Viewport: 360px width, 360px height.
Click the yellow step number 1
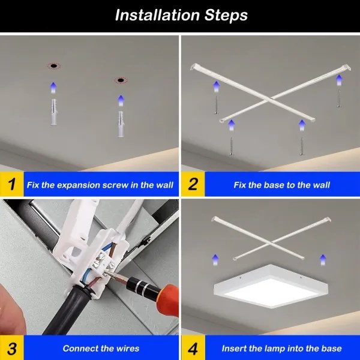point(11,185)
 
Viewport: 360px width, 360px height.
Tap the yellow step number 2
point(193,185)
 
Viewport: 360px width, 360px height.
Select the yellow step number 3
point(11,348)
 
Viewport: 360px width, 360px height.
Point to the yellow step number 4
point(193,348)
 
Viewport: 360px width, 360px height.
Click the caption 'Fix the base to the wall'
point(281,185)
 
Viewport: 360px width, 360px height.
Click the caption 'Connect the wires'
point(101,349)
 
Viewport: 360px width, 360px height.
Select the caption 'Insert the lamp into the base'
point(281,349)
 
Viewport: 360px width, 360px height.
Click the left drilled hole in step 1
point(53,65)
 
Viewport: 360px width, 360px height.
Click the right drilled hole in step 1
point(121,79)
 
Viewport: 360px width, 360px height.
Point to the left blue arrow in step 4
point(215,259)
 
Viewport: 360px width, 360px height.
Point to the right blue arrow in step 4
point(322,259)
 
